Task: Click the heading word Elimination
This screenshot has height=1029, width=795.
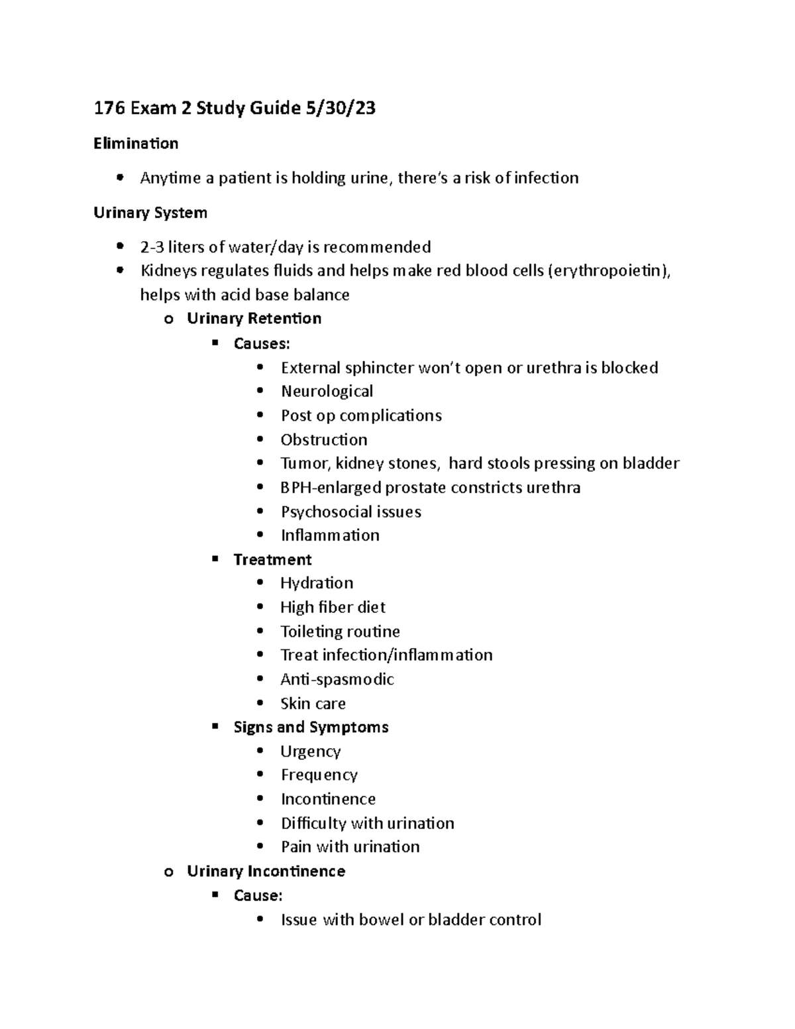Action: click(x=136, y=144)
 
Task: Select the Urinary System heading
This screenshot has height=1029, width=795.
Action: click(x=150, y=213)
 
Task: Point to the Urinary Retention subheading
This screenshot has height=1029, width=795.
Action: click(x=254, y=319)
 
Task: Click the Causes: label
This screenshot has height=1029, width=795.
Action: click(x=262, y=343)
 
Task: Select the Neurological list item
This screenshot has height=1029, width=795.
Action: click(x=327, y=392)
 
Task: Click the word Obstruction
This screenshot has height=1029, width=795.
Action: click(x=324, y=440)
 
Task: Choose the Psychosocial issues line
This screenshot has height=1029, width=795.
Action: click(x=351, y=512)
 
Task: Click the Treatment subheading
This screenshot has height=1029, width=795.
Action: click(x=272, y=560)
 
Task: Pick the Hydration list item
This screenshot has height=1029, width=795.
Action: click(x=317, y=583)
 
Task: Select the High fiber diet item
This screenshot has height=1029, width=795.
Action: click(x=333, y=608)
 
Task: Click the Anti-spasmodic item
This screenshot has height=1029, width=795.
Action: click(x=337, y=680)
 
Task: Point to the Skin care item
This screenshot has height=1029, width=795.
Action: click(x=313, y=704)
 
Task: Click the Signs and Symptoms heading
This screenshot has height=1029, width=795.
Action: click(x=311, y=728)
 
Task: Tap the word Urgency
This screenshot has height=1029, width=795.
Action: click(x=311, y=751)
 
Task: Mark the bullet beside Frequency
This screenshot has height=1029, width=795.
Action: click(x=261, y=775)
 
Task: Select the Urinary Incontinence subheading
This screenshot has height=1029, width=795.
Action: click(x=266, y=871)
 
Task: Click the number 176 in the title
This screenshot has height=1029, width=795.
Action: click(x=109, y=108)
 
